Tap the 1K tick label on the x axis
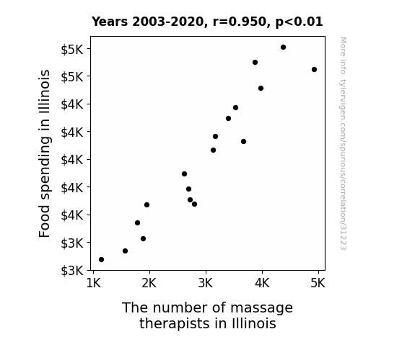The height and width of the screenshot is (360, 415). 94,283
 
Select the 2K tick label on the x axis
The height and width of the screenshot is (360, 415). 149,283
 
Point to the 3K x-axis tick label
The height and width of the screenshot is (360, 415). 206,283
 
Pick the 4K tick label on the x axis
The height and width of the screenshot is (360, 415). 262,283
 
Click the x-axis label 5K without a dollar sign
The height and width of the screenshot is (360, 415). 318,283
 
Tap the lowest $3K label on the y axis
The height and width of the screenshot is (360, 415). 72,271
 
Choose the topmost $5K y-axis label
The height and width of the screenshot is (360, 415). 72,50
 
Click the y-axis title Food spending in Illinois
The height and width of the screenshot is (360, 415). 44,153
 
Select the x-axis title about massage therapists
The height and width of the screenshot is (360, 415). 208,315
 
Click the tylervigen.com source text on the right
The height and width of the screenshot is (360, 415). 344,143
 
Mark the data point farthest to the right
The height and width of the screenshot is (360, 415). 314,69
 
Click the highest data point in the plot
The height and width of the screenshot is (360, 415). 283,48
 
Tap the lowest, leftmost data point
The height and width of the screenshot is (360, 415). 101,260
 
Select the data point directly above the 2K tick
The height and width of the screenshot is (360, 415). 147,204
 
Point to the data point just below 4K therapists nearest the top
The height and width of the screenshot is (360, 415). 255,63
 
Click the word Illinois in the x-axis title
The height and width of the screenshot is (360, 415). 254,323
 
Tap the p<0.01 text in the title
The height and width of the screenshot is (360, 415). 299,22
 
